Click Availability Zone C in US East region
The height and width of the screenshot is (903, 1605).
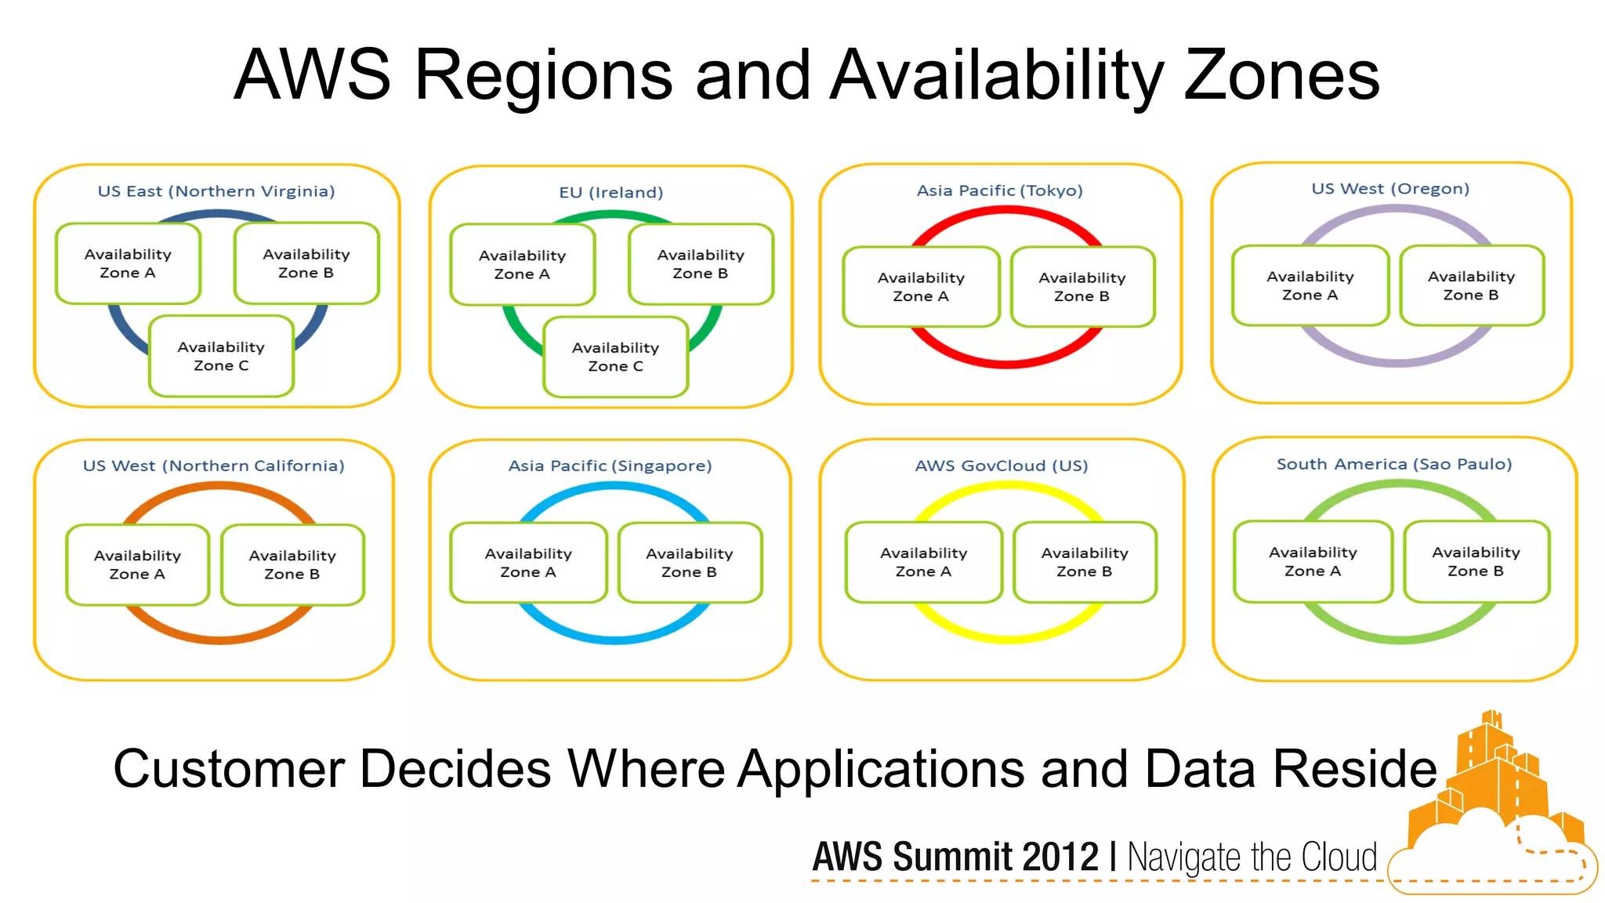221,356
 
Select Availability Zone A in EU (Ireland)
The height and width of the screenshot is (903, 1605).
522,264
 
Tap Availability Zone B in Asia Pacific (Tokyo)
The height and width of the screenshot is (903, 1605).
1081,287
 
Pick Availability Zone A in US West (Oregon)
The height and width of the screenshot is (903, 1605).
1310,285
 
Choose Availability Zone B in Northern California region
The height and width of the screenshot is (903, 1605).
292,564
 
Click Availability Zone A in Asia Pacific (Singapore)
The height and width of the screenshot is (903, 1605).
528,563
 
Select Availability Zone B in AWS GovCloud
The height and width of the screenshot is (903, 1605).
1085,562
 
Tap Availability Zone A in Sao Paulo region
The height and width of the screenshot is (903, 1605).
1313,561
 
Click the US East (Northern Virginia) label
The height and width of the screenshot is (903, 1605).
216,191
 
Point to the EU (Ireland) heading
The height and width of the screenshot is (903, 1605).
611,192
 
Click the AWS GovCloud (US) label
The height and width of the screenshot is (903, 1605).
1002,466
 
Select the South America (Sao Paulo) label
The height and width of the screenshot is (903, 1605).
1394,464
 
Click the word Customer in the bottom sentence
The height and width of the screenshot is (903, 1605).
229,768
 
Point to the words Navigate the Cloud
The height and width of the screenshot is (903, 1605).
1252,857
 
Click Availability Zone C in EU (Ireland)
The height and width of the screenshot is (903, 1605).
615,357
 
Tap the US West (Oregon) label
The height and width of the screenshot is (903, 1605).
1390,189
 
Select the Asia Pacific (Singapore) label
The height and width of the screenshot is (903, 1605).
610,466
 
